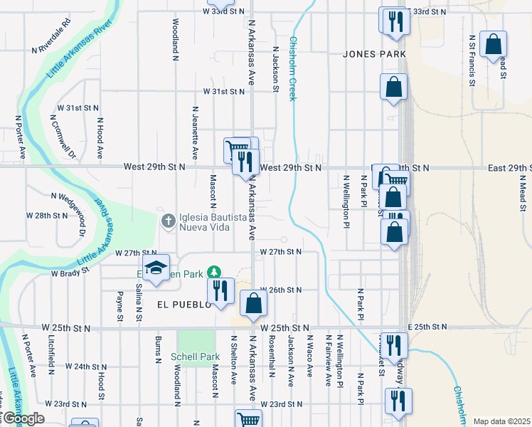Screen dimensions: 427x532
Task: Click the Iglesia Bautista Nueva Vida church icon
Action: [169, 220]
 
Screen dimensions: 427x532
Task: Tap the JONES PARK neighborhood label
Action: [374, 54]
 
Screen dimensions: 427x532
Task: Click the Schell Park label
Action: [196, 355]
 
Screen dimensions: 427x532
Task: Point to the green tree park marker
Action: [213, 273]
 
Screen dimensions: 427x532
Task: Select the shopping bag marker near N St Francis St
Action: [493, 44]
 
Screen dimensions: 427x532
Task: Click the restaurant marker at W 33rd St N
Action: [395, 21]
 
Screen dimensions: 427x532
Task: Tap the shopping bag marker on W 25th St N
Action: [253, 303]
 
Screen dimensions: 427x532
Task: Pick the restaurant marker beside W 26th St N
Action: [220, 290]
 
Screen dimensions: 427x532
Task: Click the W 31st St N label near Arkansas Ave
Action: [224, 92]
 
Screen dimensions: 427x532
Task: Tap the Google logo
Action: [23, 418]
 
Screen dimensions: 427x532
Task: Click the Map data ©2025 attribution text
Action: [501, 421]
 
